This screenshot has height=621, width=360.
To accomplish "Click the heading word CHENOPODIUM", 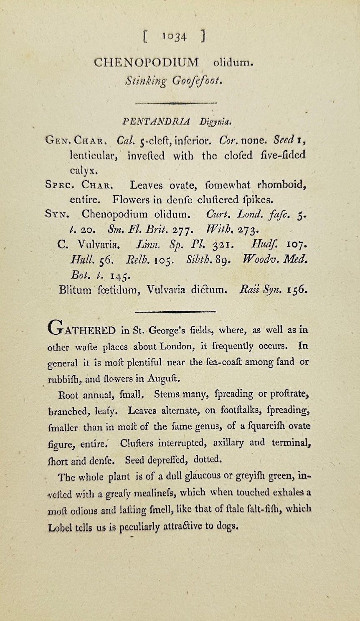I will click(x=147, y=63).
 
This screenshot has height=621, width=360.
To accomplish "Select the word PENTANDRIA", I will click(x=156, y=122).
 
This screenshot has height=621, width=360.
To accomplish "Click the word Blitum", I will click(x=75, y=290).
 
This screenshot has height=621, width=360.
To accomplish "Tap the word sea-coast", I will click(x=226, y=362).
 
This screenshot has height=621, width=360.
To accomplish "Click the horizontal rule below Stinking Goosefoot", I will click(x=176, y=102).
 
